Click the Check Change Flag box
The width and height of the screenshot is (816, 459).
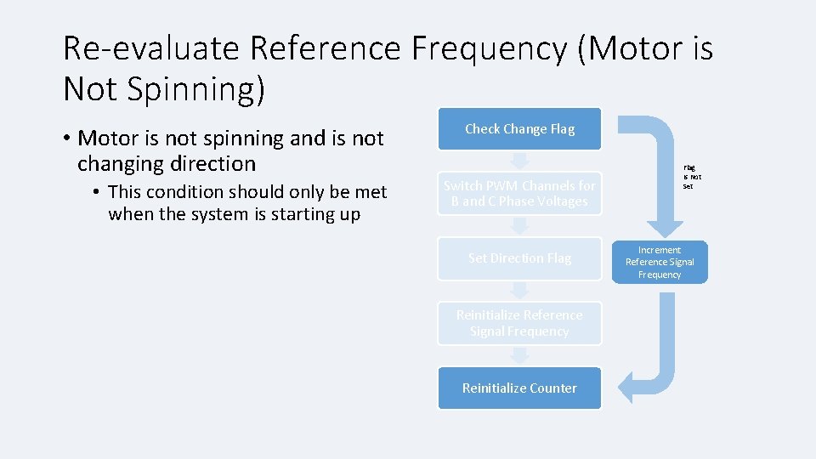pos(519,129)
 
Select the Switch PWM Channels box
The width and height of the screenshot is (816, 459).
pos(519,194)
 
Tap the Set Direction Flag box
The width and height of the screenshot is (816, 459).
pos(519,258)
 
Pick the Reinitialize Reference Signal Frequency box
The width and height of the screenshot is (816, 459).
pos(519,323)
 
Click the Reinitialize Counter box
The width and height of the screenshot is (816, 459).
pos(519,388)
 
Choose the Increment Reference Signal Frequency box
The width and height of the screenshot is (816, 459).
pos(660,263)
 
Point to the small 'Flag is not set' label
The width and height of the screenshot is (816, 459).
pos(690,177)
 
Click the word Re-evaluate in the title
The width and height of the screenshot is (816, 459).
pos(152,49)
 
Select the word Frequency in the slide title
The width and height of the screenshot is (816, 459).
pos(488,49)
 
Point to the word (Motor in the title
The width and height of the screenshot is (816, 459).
pos(627,49)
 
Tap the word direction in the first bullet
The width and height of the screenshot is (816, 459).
pos(208,163)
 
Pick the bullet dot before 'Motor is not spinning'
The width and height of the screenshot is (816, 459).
pos(67,139)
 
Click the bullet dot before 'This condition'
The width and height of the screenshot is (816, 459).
pos(99,193)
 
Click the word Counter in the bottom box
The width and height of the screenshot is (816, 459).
pos(553,388)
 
